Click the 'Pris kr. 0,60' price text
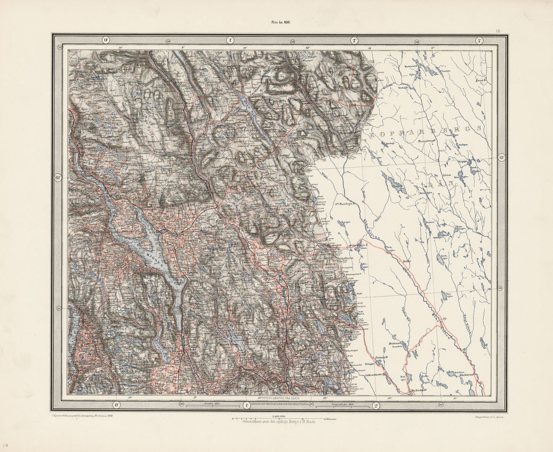coord(281,22)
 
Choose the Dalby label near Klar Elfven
coord(406,262)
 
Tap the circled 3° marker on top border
coord(478,41)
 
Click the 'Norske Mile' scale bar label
coord(211,404)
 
